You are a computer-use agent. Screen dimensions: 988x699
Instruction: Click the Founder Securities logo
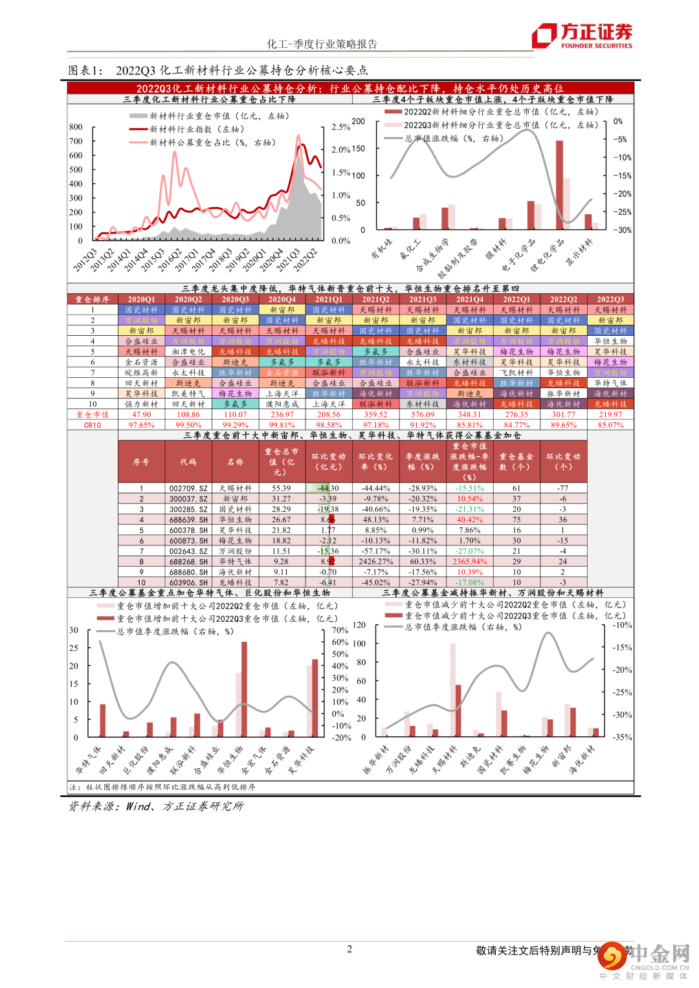(582, 35)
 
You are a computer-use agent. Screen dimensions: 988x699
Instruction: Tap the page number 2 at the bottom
(349, 949)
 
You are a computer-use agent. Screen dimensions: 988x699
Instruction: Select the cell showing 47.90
(141, 415)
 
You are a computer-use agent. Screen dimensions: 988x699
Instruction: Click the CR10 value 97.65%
(141, 425)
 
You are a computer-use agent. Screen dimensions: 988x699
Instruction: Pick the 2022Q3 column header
(610, 300)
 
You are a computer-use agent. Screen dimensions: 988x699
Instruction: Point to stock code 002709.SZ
(188, 489)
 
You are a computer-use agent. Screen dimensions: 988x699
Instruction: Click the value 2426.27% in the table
(375, 562)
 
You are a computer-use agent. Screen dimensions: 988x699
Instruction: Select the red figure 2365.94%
(469, 562)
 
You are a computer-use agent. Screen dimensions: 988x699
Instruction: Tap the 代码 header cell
(188, 462)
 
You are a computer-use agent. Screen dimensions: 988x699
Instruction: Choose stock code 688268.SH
(188, 562)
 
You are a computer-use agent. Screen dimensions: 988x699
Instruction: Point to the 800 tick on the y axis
(76, 127)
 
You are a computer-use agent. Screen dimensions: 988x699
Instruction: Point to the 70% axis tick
(340, 630)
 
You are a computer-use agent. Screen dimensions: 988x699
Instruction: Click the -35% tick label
(623, 737)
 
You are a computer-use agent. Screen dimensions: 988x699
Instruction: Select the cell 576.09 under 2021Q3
(423, 415)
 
